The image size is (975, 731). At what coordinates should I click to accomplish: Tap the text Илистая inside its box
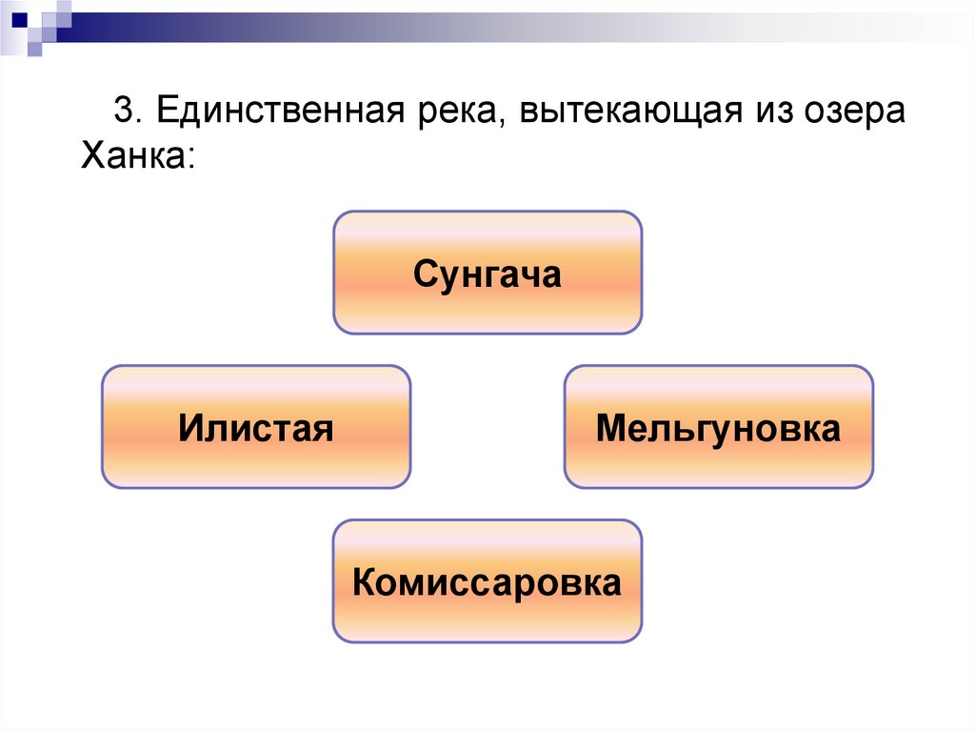click(255, 429)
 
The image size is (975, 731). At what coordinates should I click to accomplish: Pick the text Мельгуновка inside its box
click(718, 429)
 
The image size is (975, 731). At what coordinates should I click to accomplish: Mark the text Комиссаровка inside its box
click(487, 582)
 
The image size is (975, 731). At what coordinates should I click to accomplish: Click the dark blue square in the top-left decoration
click(18, 14)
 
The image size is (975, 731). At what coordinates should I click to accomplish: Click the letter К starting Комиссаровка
click(362, 582)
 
